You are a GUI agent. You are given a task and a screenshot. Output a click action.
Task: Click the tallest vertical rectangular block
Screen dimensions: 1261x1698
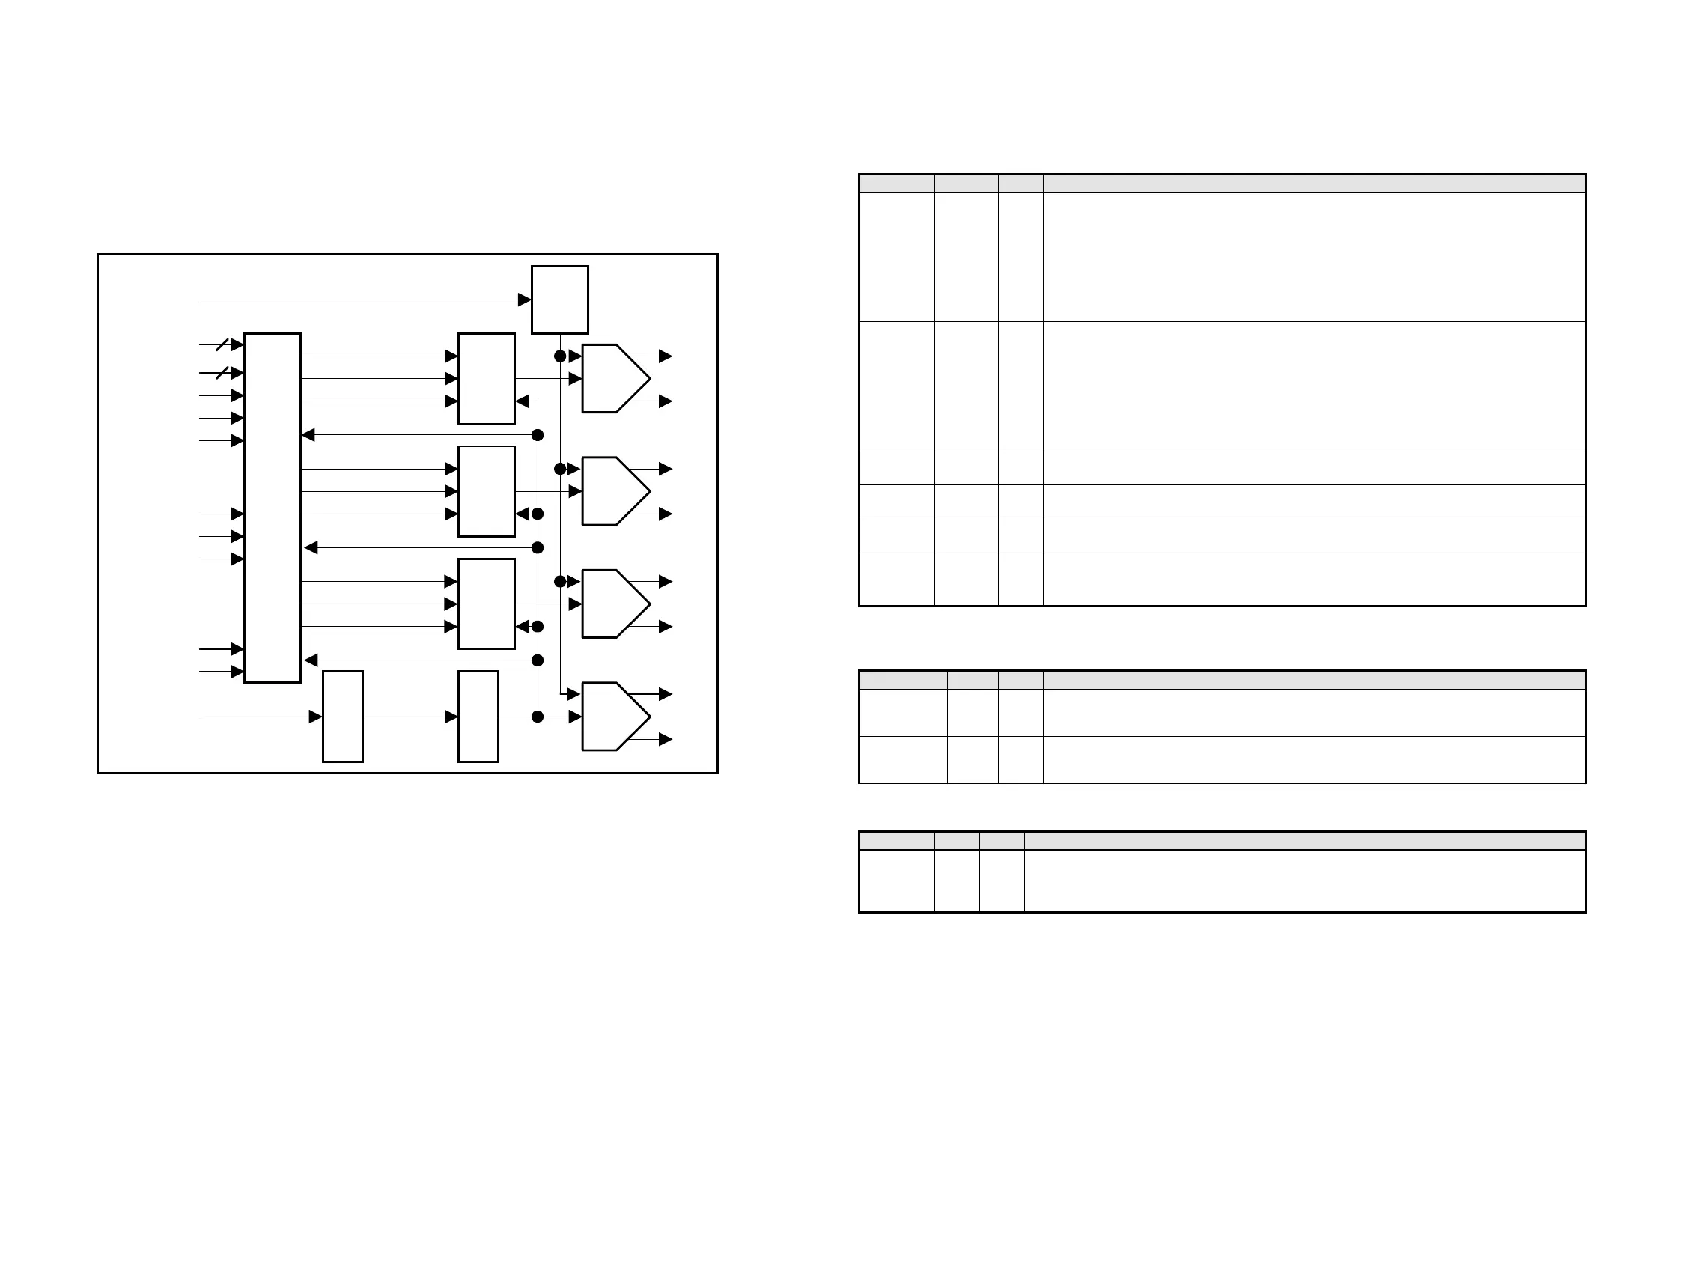point(273,508)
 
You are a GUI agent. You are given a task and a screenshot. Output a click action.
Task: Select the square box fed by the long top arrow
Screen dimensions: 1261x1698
point(559,300)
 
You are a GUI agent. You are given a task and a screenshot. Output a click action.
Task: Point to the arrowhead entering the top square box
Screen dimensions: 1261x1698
point(524,300)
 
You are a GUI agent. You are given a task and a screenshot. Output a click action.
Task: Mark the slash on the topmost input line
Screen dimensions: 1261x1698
point(222,345)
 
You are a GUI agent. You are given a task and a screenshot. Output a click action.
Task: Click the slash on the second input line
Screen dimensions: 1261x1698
point(222,373)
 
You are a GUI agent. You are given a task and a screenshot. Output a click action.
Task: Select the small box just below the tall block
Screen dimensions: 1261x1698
point(343,716)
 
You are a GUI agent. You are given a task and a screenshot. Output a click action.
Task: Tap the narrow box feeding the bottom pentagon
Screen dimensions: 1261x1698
point(478,716)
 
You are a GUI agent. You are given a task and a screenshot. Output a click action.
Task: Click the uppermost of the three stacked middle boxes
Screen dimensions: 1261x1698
point(486,379)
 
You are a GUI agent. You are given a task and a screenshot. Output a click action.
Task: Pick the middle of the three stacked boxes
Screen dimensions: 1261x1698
point(486,490)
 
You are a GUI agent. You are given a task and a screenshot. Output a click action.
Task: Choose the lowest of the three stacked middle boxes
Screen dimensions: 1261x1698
point(486,604)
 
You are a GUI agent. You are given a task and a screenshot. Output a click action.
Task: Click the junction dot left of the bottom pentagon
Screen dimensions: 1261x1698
point(538,717)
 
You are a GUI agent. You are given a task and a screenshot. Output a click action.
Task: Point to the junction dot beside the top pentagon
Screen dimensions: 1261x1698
point(560,356)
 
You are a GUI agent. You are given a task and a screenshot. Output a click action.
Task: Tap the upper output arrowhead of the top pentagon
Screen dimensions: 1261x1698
point(666,356)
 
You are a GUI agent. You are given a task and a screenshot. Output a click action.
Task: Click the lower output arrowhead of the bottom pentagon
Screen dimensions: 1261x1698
point(666,739)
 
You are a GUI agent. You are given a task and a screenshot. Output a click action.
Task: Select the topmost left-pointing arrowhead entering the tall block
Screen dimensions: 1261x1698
point(308,435)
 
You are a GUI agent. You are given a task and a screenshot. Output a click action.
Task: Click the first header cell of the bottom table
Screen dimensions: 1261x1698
point(896,841)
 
